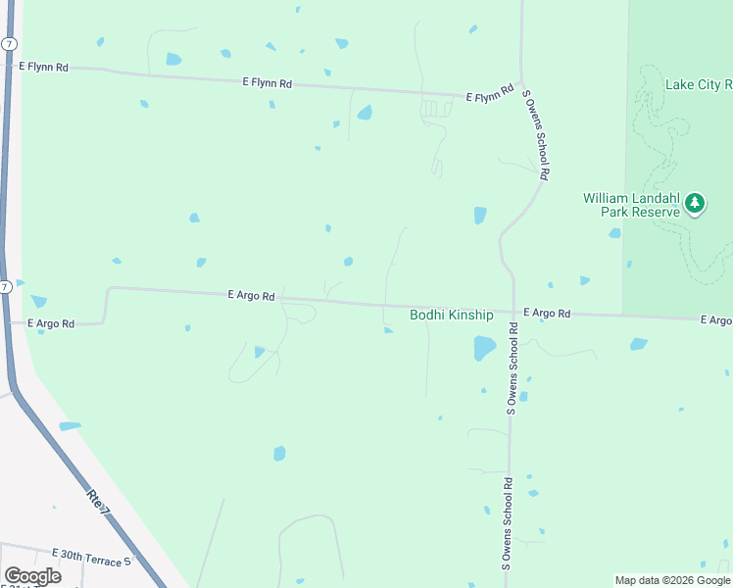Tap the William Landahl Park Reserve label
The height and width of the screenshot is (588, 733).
[x=631, y=205]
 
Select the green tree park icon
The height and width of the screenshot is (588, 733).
[x=695, y=203]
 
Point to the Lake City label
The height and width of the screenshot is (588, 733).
[x=698, y=84]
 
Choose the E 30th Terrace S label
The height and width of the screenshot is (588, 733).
[x=91, y=555]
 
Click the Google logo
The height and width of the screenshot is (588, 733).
[x=32, y=576]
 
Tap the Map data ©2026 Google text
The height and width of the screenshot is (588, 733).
[x=672, y=580]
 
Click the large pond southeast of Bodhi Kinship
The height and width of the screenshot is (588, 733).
[x=484, y=348]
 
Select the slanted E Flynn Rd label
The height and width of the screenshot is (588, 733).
[x=490, y=94]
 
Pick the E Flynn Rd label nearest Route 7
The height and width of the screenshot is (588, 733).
[x=43, y=67]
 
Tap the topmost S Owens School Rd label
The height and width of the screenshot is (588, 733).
[x=536, y=134]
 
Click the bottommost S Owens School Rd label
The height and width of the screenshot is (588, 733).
[x=508, y=524]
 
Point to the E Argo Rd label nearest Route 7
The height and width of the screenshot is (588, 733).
[x=52, y=322]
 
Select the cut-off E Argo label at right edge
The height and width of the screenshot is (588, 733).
[x=716, y=320]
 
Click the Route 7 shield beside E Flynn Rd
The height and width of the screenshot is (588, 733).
[x=8, y=45]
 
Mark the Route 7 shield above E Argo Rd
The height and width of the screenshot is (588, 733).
[x=5, y=287]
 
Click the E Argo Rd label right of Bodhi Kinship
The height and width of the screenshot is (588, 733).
[x=547, y=313]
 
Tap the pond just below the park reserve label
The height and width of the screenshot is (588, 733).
[x=614, y=233]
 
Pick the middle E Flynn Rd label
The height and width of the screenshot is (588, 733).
[x=268, y=83]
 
